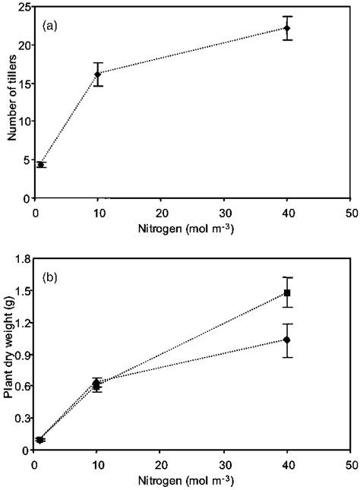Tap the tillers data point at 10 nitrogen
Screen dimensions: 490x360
coord(97,74)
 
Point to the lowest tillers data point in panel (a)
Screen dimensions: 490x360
coord(40,164)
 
